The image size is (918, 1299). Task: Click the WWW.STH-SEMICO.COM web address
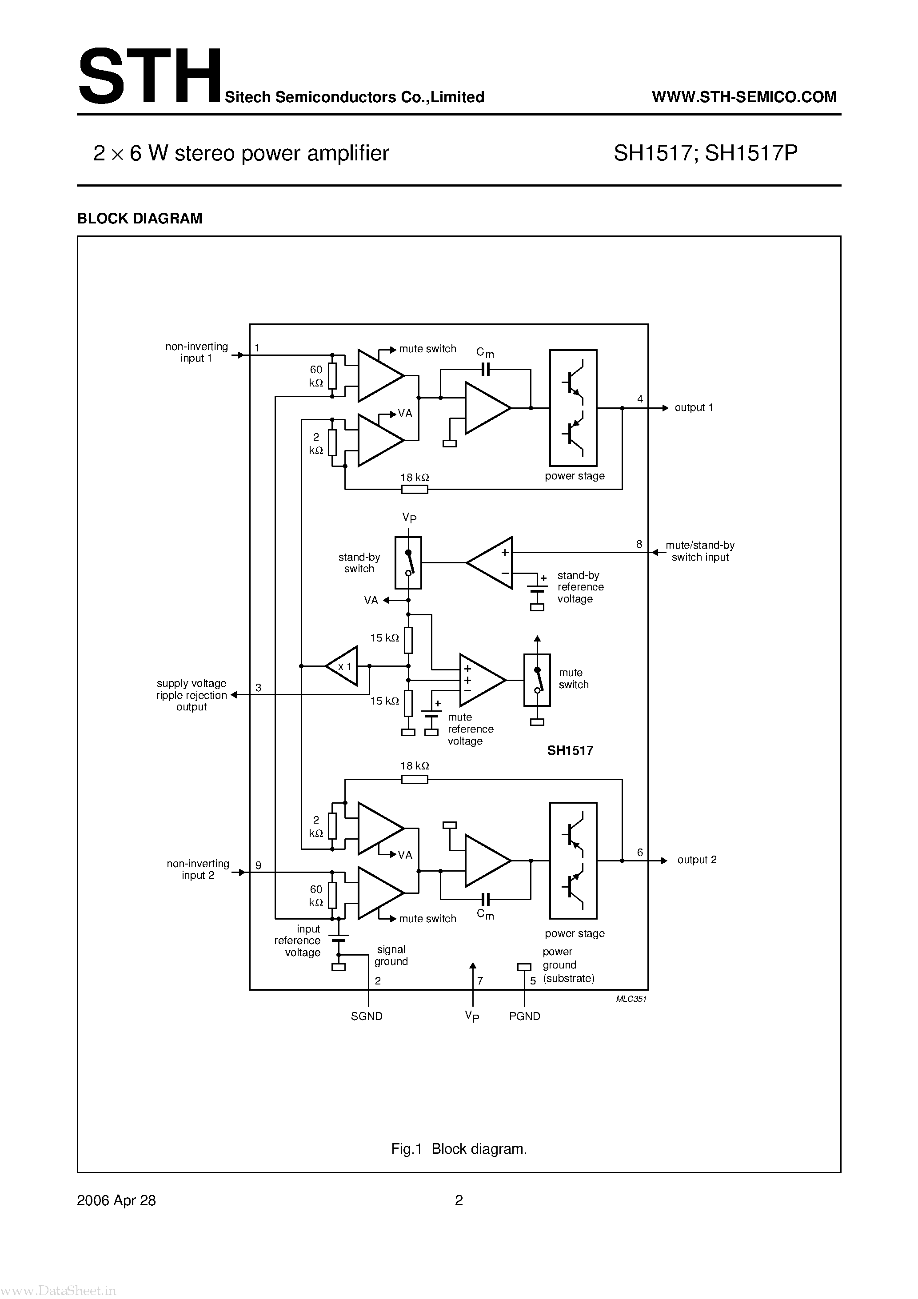point(744,97)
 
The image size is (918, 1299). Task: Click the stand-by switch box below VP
point(408,563)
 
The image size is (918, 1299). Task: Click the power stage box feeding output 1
point(573,407)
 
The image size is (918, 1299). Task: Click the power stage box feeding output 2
point(573,860)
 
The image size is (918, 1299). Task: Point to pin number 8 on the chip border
point(639,544)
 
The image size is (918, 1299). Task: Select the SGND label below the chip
point(367,1016)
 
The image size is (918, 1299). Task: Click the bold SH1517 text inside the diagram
point(570,750)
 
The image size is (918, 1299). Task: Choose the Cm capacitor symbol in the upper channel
point(485,370)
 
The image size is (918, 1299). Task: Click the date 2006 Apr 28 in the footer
point(116,1200)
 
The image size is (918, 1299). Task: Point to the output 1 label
point(693,407)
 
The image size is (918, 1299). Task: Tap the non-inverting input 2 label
point(198,869)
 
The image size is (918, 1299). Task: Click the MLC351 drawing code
point(631,999)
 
